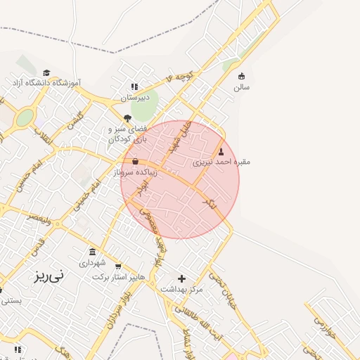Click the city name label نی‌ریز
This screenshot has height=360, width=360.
point(48,276)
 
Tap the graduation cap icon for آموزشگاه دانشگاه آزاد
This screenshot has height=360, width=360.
point(46,72)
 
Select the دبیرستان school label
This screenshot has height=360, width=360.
point(136,98)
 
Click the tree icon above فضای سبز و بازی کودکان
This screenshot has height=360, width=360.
point(127,118)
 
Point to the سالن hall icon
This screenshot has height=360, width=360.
point(242,76)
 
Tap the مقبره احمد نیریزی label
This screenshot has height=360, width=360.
point(221,162)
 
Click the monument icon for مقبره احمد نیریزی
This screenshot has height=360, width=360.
point(221,150)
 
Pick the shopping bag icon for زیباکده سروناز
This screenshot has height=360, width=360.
point(135,161)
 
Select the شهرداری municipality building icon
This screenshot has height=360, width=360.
point(93,252)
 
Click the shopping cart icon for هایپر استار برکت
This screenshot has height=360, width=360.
point(118,266)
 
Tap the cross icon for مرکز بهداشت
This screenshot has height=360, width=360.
point(181,278)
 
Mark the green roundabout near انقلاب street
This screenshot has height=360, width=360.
point(25,117)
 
